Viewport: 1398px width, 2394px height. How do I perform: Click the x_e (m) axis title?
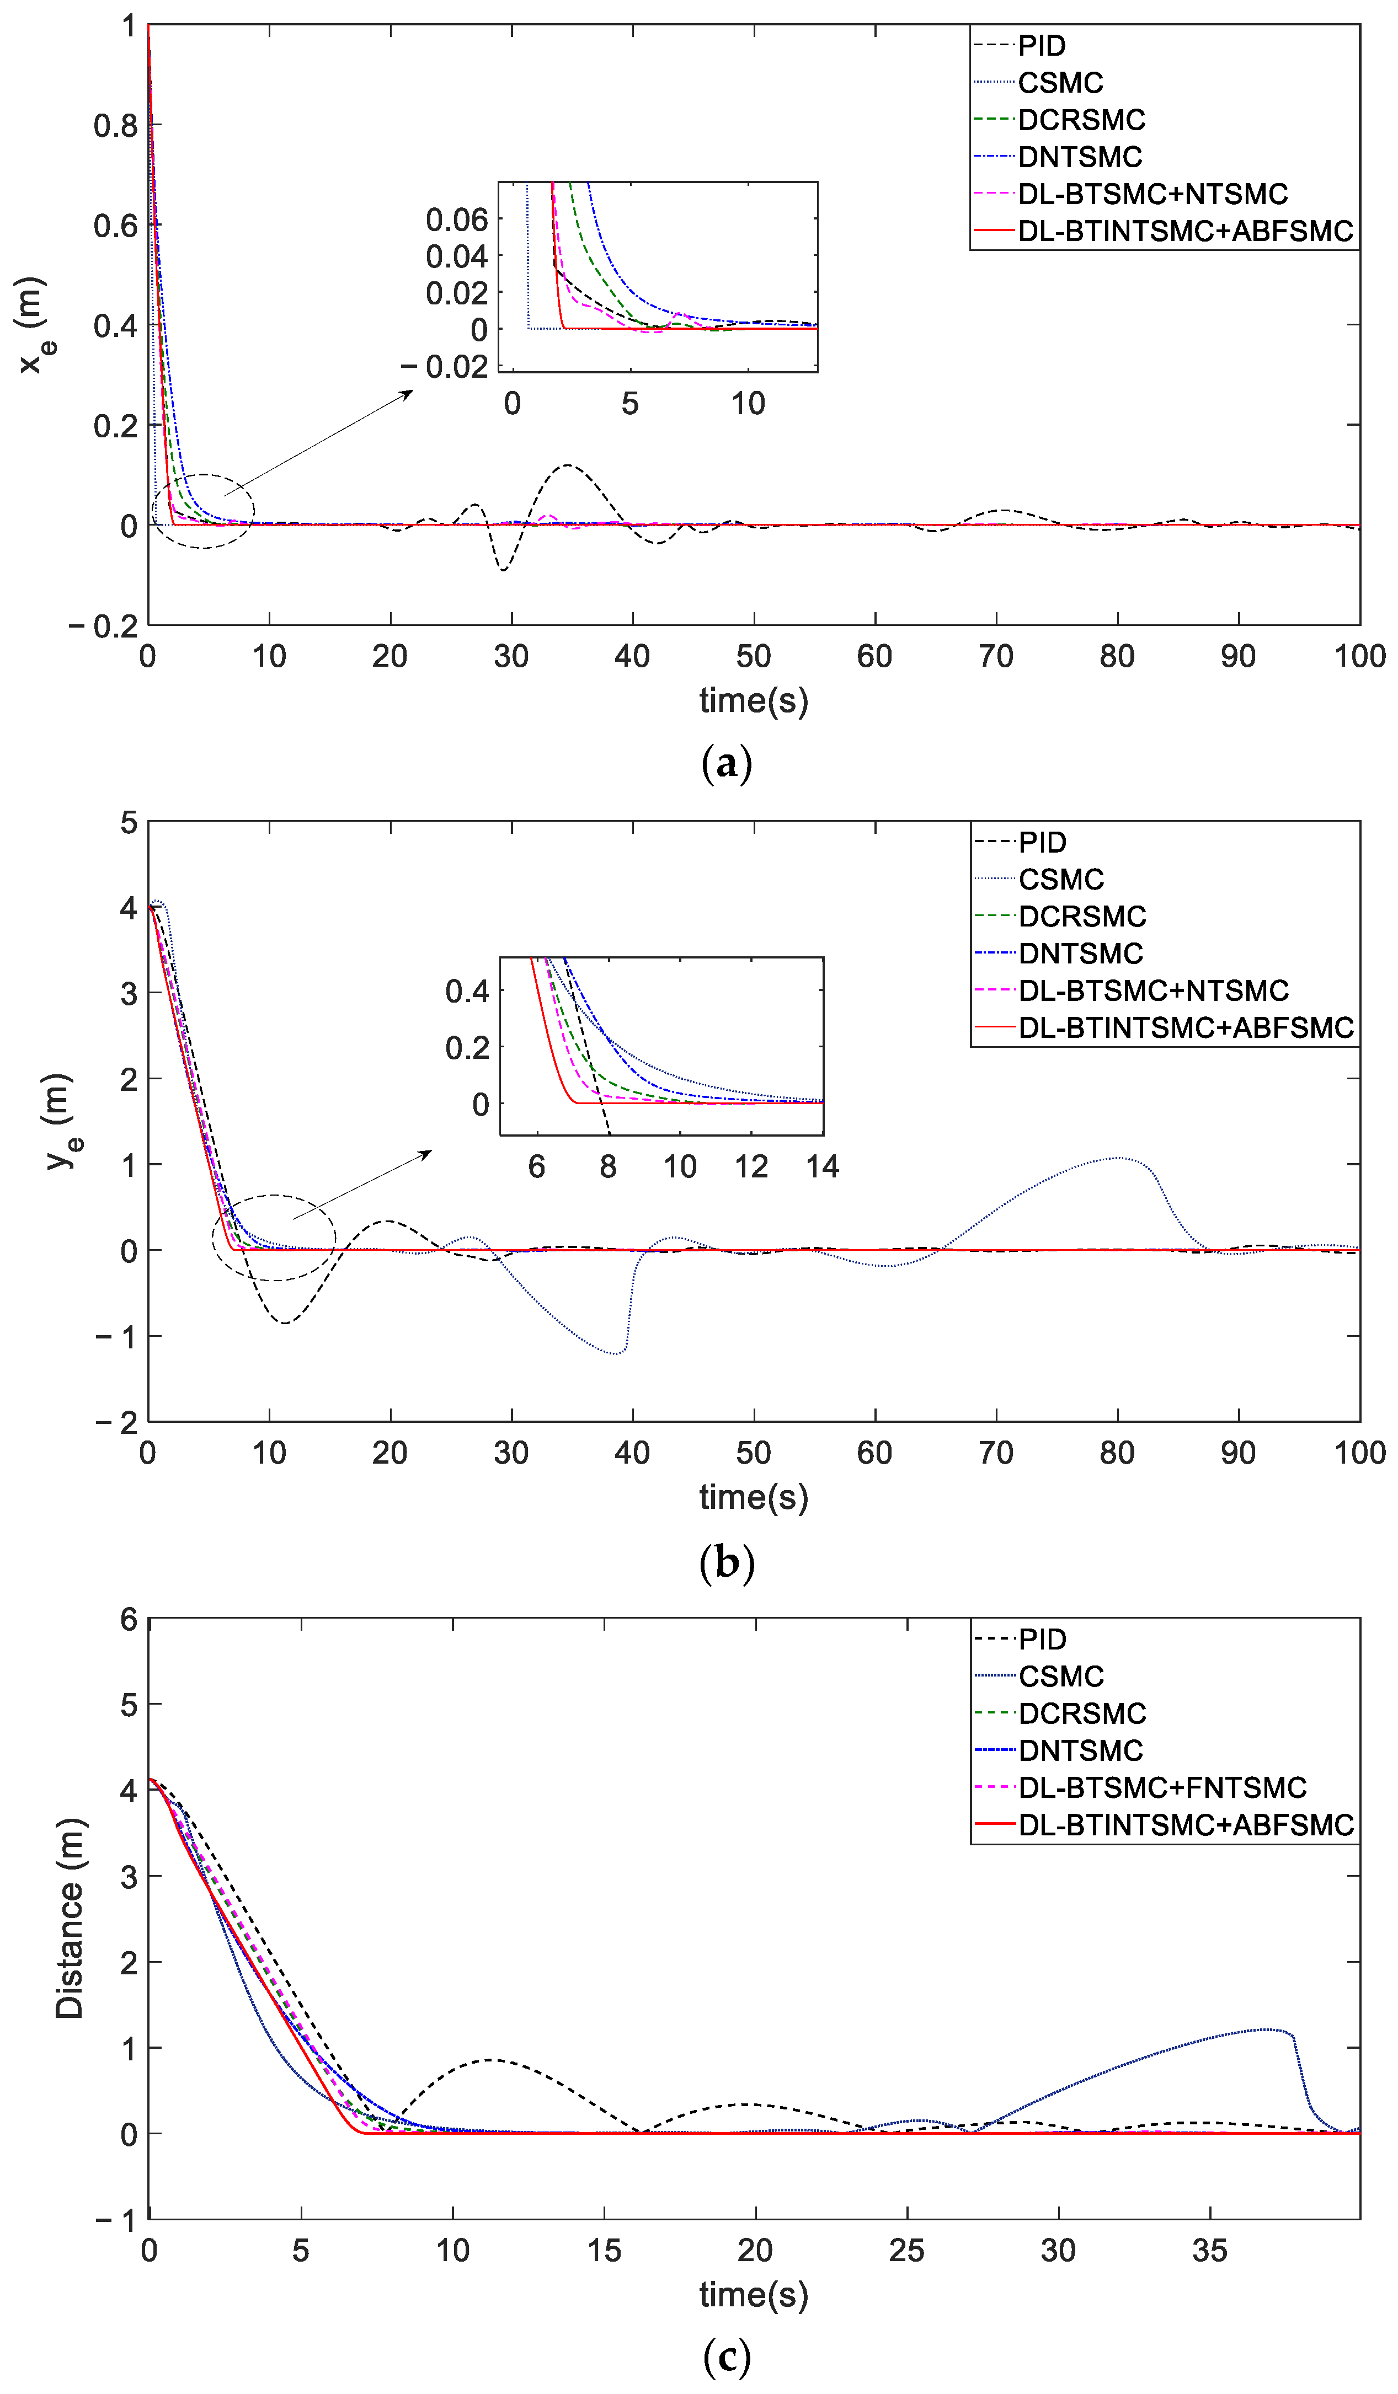(x=35, y=325)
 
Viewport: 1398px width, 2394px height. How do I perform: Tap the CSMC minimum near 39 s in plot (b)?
(x=618, y=1353)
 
